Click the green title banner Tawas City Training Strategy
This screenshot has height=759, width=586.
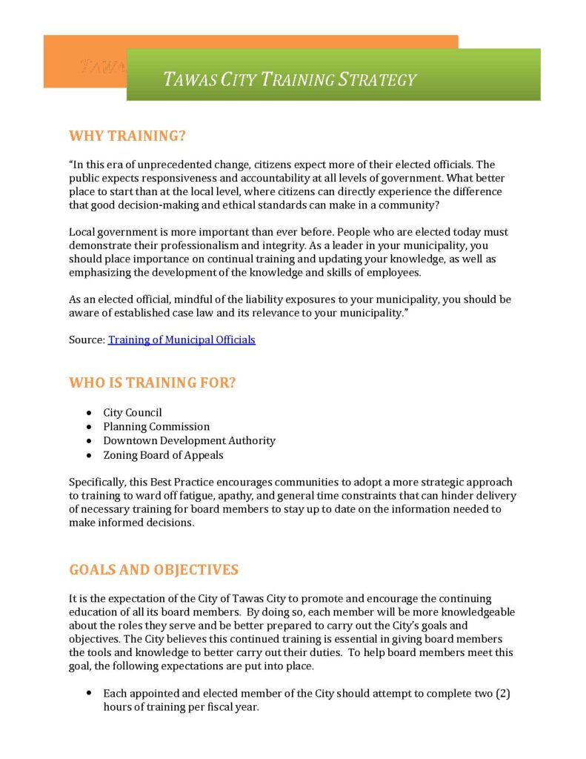[x=333, y=76]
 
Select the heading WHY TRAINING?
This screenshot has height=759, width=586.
[x=127, y=136]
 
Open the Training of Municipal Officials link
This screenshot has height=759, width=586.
[x=182, y=340]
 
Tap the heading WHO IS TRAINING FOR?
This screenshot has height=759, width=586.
[x=157, y=383]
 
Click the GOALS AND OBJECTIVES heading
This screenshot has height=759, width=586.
[x=154, y=570]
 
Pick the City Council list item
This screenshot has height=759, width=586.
[x=133, y=413]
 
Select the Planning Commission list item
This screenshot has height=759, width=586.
[x=156, y=427]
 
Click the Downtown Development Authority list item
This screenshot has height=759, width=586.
[x=189, y=441]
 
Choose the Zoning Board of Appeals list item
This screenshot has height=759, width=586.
[x=163, y=455]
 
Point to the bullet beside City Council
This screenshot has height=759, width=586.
[x=89, y=413]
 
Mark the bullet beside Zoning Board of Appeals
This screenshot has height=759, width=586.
[x=89, y=455]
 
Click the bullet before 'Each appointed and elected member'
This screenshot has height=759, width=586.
[x=89, y=694]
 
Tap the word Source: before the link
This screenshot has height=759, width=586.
[x=87, y=340]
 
